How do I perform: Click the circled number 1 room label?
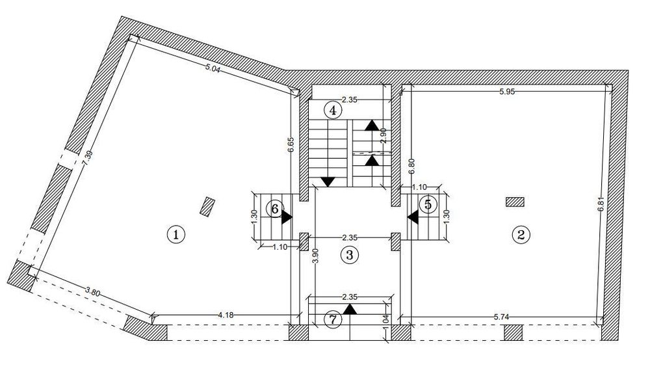(x=175, y=234)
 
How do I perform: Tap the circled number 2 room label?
(x=521, y=235)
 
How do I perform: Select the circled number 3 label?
(x=349, y=255)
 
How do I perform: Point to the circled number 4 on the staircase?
(x=332, y=111)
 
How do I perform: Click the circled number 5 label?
(x=428, y=204)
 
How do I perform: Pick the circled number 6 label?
(x=274, y=209)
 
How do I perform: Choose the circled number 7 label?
(x=332, y=320)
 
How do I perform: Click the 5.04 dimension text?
(x=213, y=69)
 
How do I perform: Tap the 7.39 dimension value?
(x=88, y=158)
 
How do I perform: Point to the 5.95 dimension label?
(x=507, y=92)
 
